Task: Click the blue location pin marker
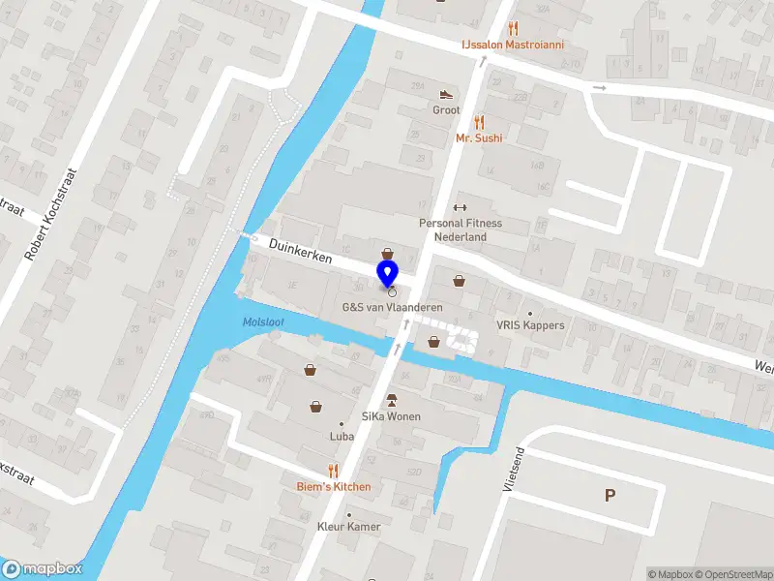click(x=388, y=273)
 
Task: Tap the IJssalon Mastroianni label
click(x=511, y=45)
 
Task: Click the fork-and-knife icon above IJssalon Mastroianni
click(x=513, y=28)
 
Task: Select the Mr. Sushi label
click(x=479, y=138)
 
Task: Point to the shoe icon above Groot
click(x=446, y=94)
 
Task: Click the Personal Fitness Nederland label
click(x=461, y=229)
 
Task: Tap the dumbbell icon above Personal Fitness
click(x=461, y=207)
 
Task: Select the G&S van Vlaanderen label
click(x=392, y=307)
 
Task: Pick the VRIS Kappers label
click(x=530, y=325)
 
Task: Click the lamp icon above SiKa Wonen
click(x=392, y=399)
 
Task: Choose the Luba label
click(x=342, y=437)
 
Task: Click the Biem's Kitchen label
click(x=334, y=486)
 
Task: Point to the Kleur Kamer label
click(x=349, y=527)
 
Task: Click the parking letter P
click(x=610, y=495)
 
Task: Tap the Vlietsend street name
click(x=513, y=470)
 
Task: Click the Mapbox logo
click(x=42, y=569)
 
